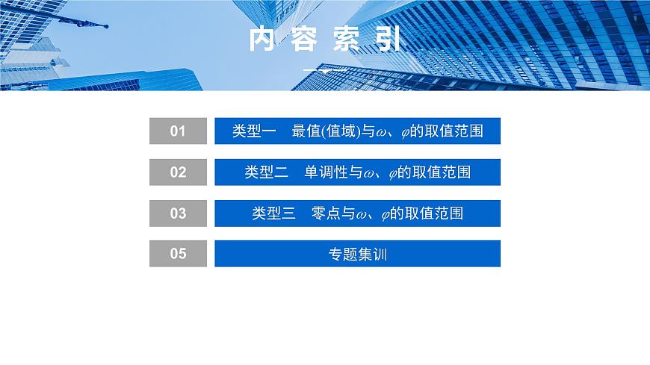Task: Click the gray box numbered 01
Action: tap(177, 131)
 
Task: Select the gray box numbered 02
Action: tap(177, 172)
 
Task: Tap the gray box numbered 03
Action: tap(177, 213)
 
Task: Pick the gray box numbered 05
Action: tap(177, 254)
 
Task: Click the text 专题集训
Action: tap(357, 254)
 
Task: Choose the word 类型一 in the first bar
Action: tap(254, 131)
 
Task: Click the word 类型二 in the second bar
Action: tap(266, 172)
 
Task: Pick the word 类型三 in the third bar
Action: tap(273, 213)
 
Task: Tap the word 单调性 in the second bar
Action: tap(326, 172)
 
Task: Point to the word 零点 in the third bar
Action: tap(326, 213)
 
